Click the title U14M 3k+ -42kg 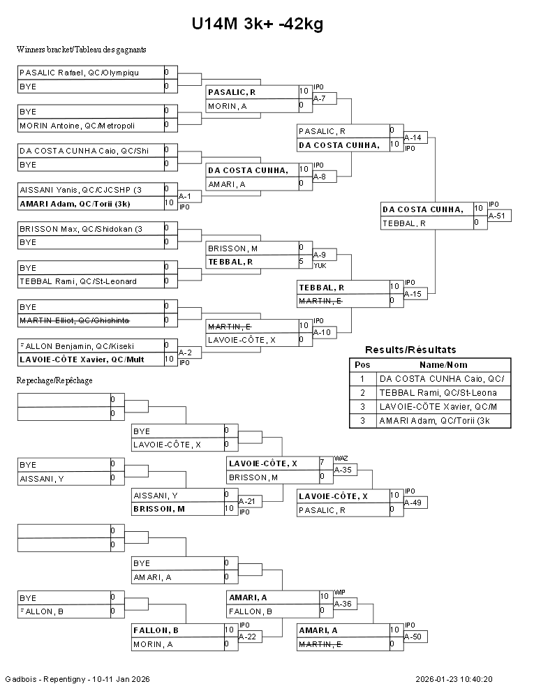(x=258, y=24)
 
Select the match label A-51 (x=497, y=216)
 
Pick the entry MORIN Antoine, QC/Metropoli (x=77, y=126)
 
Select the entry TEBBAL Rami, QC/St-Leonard (x=77, y=281)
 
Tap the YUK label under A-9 (x=319, y=265)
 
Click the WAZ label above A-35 (x=341, y=458)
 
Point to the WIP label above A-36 (x=340, y=591)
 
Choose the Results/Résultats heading (x=410, y=350)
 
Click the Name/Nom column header (x=443, y=364)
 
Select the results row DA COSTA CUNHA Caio (x=441, y=378)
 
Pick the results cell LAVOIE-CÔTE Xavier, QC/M (x=441, y=407)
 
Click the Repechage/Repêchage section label (x=54, y=380)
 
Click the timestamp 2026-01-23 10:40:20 (x=454, y=678)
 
